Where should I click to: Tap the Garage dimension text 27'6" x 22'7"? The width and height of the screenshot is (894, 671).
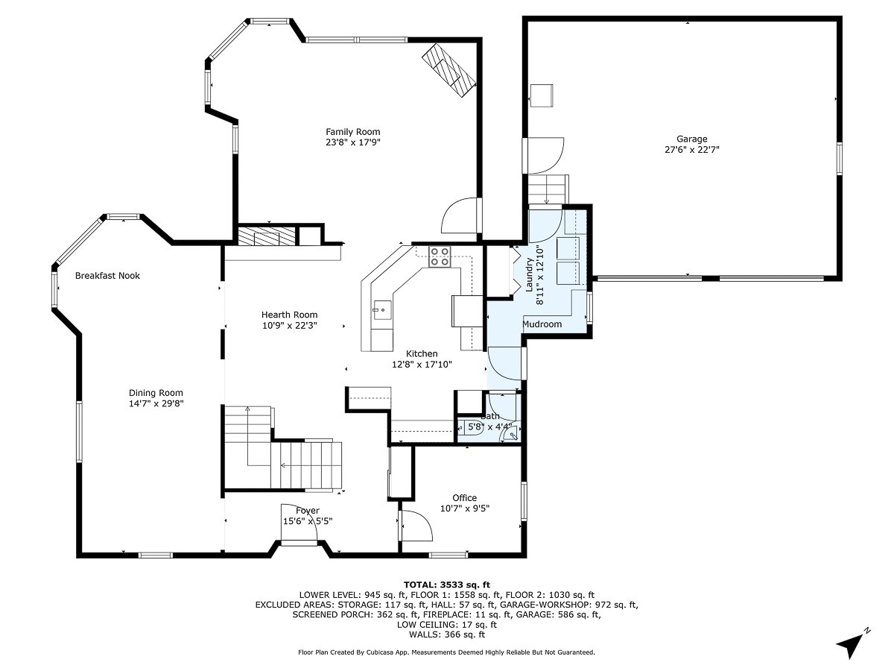[x=691, y=149]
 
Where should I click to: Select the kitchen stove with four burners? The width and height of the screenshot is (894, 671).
[x=440, y=256]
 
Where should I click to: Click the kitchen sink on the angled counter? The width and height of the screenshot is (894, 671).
[x=381, y=308]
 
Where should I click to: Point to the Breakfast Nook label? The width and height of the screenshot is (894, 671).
[x=107, y=276]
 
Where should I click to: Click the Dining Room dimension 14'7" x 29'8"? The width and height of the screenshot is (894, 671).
[x=156, y=403]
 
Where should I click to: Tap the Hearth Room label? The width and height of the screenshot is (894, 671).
[x=289, y=315]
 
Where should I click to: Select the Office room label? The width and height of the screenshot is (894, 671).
[x=464, y=498]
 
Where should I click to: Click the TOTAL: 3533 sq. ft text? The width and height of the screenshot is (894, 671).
[x=446, y=585]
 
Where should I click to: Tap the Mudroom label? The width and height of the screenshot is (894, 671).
[x=542, y=324]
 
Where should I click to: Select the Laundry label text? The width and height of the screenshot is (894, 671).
[x=530, y=275]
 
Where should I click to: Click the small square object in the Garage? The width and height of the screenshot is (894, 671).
[x=541, y=95]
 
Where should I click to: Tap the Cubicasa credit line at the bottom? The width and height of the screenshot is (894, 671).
[x=446, y=652]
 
